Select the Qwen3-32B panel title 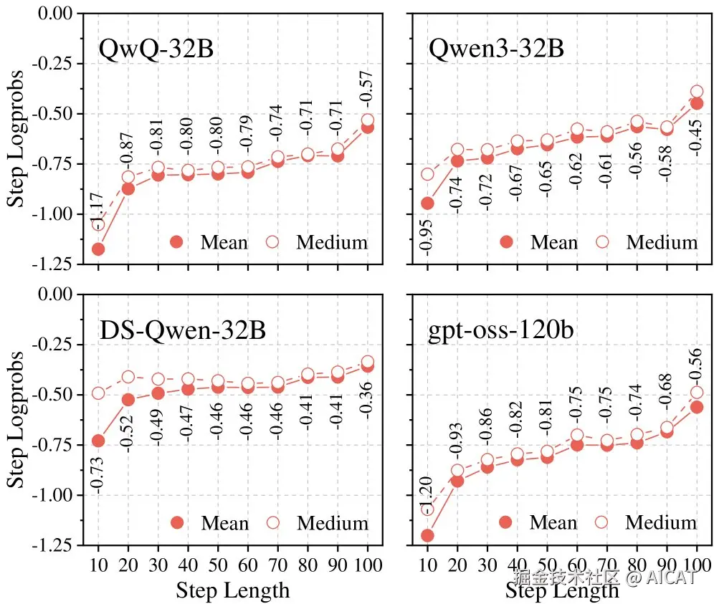click(496, 49)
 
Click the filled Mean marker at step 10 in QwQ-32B click(98, 249)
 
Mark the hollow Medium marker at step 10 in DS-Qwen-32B click(98, 393)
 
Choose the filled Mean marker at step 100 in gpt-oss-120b click(697, 407)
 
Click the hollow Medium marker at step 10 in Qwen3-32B click(427, 174)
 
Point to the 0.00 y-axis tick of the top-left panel click(57, 13)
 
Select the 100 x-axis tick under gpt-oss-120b click(695, 565)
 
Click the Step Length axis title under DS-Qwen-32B click(233, 590)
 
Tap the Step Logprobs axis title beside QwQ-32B click(16, 138)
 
